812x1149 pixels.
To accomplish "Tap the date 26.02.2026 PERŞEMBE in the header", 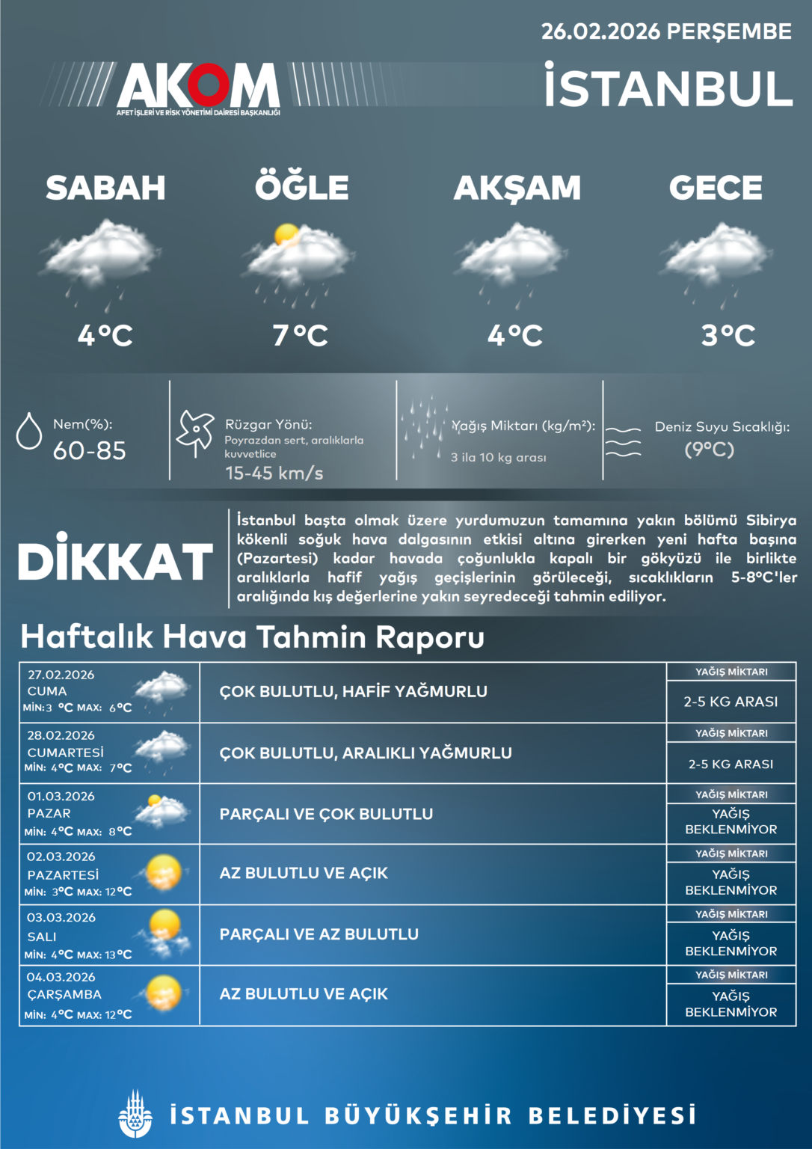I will (x=665, y=31).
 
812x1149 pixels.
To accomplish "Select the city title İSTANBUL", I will (x=668, y=88).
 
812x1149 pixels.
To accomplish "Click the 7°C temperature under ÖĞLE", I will (x=301, y=335).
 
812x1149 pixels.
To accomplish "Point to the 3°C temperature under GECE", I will (x=728, y=335).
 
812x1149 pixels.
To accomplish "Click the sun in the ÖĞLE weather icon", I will (x=286, y=235).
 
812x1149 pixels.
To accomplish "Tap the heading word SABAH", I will (x=105, y=188).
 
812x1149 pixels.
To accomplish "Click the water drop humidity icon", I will (x=29, y=431).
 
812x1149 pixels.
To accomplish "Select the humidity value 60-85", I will (x=89, y=450).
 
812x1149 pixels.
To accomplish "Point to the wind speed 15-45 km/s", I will (x=274, y=473).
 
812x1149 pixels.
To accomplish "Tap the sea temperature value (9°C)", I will (x=710, y=450).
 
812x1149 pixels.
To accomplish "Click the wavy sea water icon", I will (x=623, y=441).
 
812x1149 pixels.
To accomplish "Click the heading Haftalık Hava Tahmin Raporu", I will (x=253, y=637).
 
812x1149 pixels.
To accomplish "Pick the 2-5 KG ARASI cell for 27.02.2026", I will (x=731, y=702).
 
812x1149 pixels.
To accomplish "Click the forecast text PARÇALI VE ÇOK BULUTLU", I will (x=326, y=814).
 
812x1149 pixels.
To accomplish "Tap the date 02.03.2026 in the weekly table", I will (x=61, y=857).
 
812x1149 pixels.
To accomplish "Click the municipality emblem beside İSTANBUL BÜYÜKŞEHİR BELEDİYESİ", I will (x=135, y=1114).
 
